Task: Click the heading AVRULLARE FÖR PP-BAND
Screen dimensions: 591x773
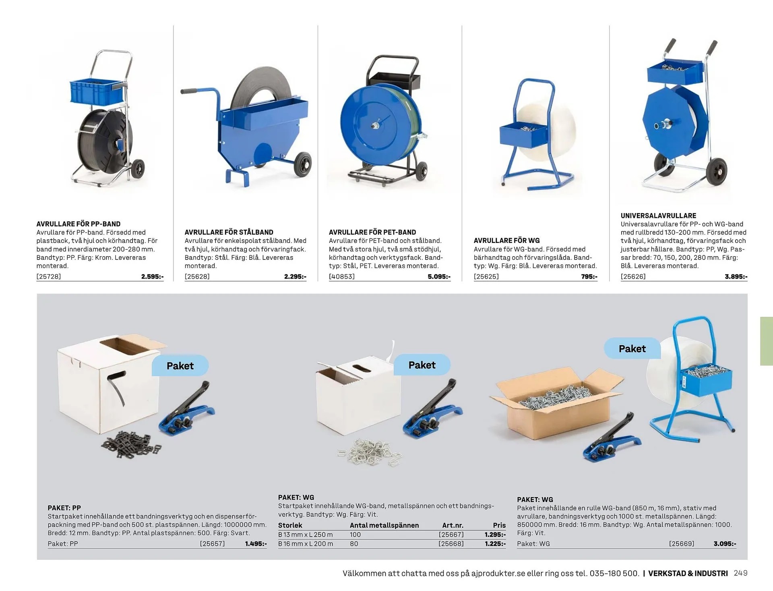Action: pyautogui.click(x=79, y=224)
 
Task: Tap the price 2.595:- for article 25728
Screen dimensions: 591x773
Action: pyautogui.click(x=152, y=276)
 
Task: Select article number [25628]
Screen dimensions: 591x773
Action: pyautogui.click(x=197, y=276)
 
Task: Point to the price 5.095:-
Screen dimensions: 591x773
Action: pyautogui.click(x=439, y=276)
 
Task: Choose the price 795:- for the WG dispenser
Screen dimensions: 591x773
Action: pyautogui.click(x=589, y=276)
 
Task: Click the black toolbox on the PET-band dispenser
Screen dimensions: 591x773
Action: pyautogui.click(x=395, y=81)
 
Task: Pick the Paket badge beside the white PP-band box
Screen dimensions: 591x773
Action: pyautogui.click(x=180, y=366)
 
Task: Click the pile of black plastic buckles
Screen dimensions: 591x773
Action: pyautogui.click(x=131, y=445)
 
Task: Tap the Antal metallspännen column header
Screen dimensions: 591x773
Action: pyautogui.click(x=384, y=525)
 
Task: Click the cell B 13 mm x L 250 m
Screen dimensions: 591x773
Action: pyautogui.click(x=305, y=535)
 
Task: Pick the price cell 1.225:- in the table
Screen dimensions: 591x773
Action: pyautogui.click(x=495, y=543)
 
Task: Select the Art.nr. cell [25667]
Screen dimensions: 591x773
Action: pyautogui.click(x=451, y=535)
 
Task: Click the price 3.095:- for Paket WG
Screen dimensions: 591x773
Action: pyautogui.click(x=725, y=543)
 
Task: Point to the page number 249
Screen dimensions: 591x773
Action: pyautogui.click(x=740, y=573)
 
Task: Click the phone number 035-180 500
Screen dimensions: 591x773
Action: pyautogui.click(x=614, y=573)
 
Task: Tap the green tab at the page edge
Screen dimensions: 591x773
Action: pyautogui.click(x=766, y=341)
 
